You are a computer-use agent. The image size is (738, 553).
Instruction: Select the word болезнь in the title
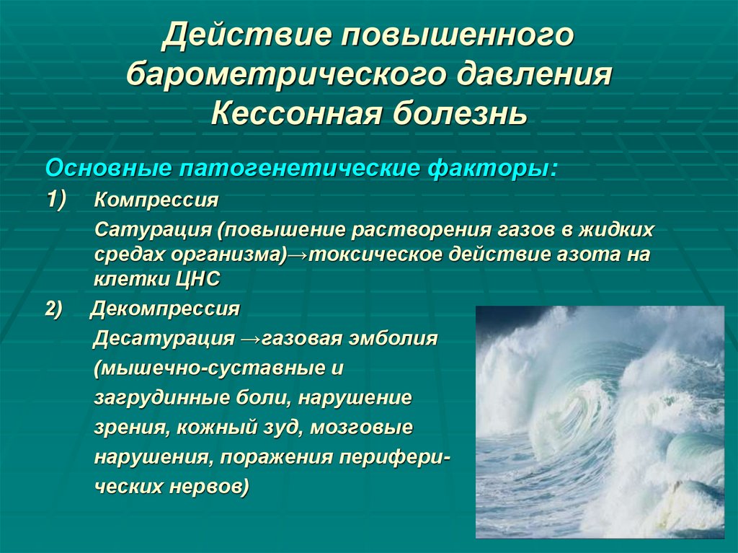coord(459,113)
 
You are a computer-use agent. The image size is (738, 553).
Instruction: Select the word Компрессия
coord(156,200)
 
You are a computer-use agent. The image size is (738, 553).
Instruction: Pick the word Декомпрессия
coord(164,309)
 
